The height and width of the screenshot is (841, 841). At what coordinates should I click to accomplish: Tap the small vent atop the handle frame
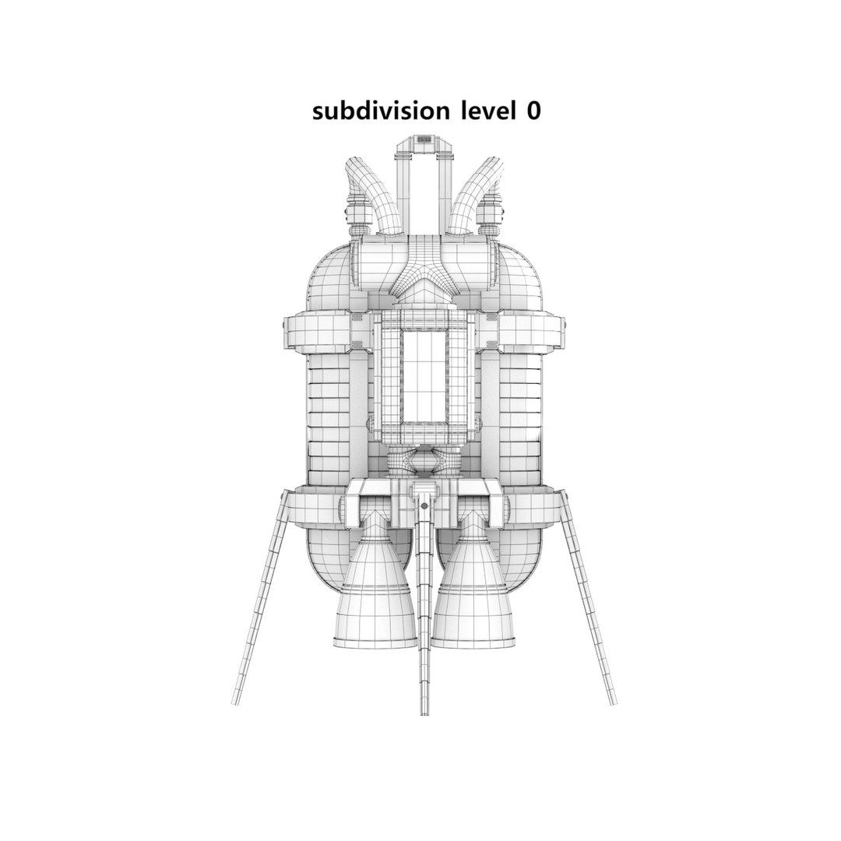click(x=424, y=139)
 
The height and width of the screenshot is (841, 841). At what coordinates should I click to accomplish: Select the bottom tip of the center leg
click(x=424, y=712)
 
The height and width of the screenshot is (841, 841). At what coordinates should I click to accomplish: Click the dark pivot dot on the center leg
click(x=424, y=506)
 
